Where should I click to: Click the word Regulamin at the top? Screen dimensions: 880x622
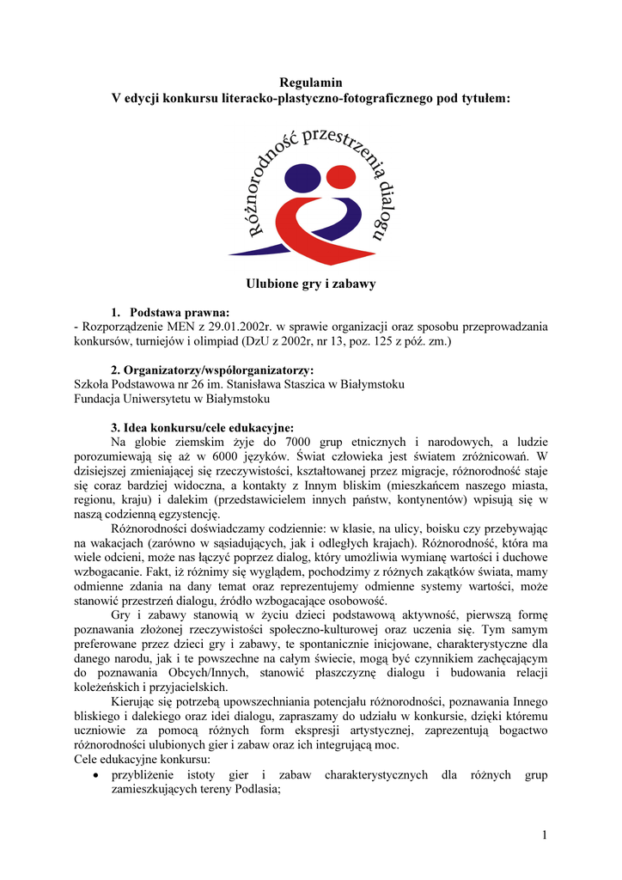tap(311, 82)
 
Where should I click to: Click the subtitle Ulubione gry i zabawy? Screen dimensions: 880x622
tap(311, 283)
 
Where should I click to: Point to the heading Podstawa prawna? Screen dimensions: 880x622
tap(180, 312)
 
